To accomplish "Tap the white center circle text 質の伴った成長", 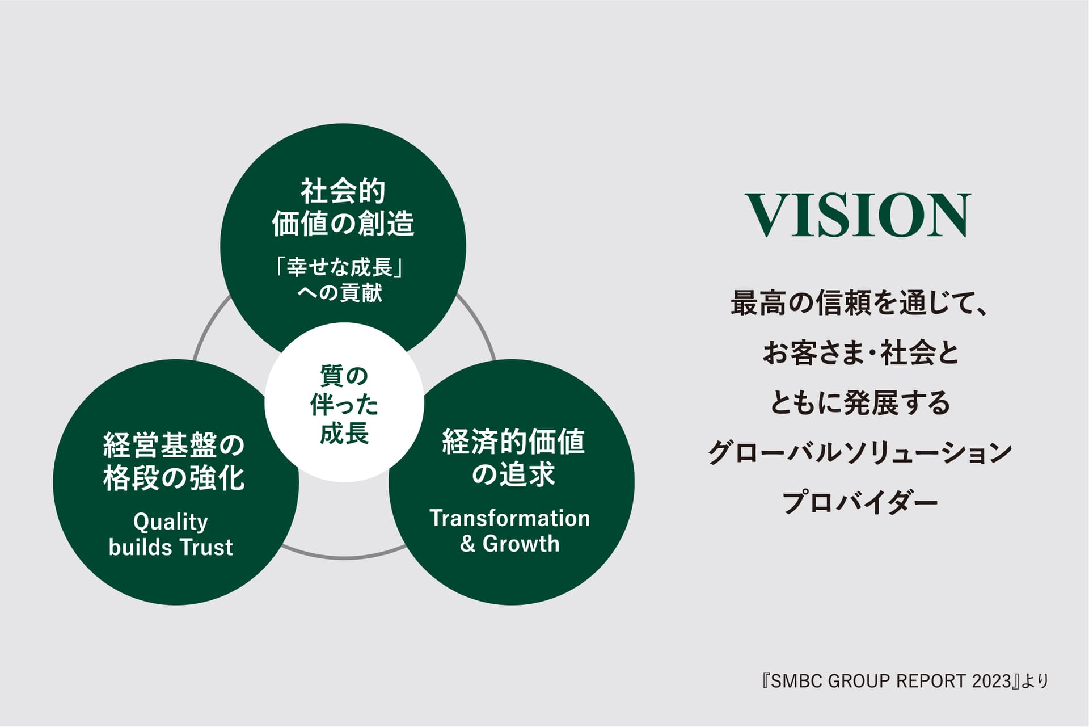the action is pyautogui.click(x=344, y=404).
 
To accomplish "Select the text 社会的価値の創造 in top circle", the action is pyautogui.click(x=343, y=207).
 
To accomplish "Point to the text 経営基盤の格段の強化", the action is pyautogui.click(x=174, y=461).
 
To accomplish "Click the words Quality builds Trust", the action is pyautogui.click(x=171, y=535).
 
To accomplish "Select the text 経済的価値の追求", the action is pyautogui.click(x=513, y=457).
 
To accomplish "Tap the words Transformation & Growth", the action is pyautogui.click(x=510, y=531).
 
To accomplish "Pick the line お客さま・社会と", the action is pyautogui.click(x=860, y=352).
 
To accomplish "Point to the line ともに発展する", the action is pyautogui.click(x=860, y=402).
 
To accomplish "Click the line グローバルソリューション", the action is pyautogui.click(x=860, y=452).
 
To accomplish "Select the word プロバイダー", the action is pyautogui.click(x=860, y=502).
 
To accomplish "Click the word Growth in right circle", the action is pyautogui.click(x=521, y=544).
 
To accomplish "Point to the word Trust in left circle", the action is pyautogui.click(x=206, y=547).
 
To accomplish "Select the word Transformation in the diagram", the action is pyautogui.click(x=510, y=518).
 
